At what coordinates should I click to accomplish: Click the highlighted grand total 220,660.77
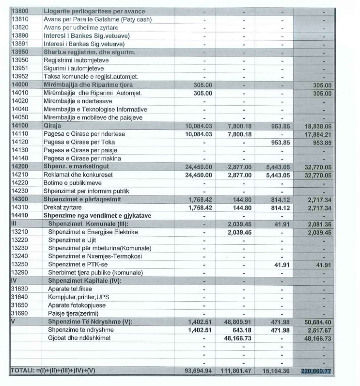click(x=316, y=371)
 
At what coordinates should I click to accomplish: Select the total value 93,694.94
click(x=199, y=371)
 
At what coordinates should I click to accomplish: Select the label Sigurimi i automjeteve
click(x=76, y=68)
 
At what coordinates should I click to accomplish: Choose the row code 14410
click(x=20, y=215)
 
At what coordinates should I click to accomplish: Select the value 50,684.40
click(x=316, y=322)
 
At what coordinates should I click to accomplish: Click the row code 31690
click(x=20, y=313)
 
